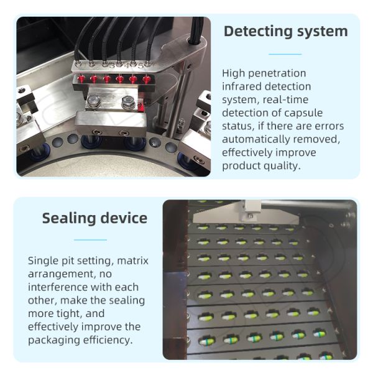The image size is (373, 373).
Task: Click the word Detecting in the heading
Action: click(x=258, y=32)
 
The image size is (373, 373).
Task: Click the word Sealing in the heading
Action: click(x=69, y=219)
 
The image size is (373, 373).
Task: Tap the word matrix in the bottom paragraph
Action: click(x=132, y=260)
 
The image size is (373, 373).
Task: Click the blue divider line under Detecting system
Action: click(x=285, y=54)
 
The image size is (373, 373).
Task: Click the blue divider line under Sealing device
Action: click(x=90, y=240)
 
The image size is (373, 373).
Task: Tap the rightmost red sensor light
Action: click(x=146, y=79)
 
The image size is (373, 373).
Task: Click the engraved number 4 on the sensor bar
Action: click(x=127, y=65)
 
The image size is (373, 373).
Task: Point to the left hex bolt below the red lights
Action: click(x=93, y=101)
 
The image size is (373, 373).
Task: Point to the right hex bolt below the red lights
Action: click(x=128, y=103)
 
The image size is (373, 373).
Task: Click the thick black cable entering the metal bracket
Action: click(x=196, y=30)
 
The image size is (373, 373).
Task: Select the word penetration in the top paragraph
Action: click(x=277, y=73)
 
